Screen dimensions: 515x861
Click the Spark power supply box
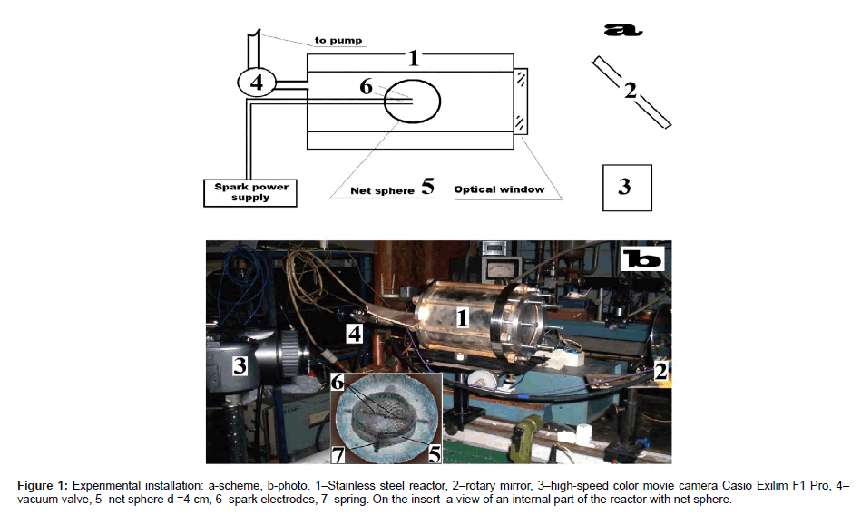pyautogui.click(x=249, y=192)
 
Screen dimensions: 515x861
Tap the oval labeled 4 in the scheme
pyautogui.click(x=257, y=83)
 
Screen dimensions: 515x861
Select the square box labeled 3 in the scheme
pyautogui.click(x=624, y=187)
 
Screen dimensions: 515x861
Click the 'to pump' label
pyautogui.click(x=338, y=40)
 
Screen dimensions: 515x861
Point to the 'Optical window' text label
pyautogui.click(x=499, y=189)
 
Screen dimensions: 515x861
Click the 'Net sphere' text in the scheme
pyautogui.click(x=382, y=191)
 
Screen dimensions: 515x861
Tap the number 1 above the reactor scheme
pyautogui.click(x=413, y=59)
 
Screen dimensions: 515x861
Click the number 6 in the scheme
pyautogui.click(x=366, y=87)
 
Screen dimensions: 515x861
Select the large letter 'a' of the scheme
pyautogui.click(x=623, y=30)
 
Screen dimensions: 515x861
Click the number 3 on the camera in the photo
pyautogui.click(x=240, y=365)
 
